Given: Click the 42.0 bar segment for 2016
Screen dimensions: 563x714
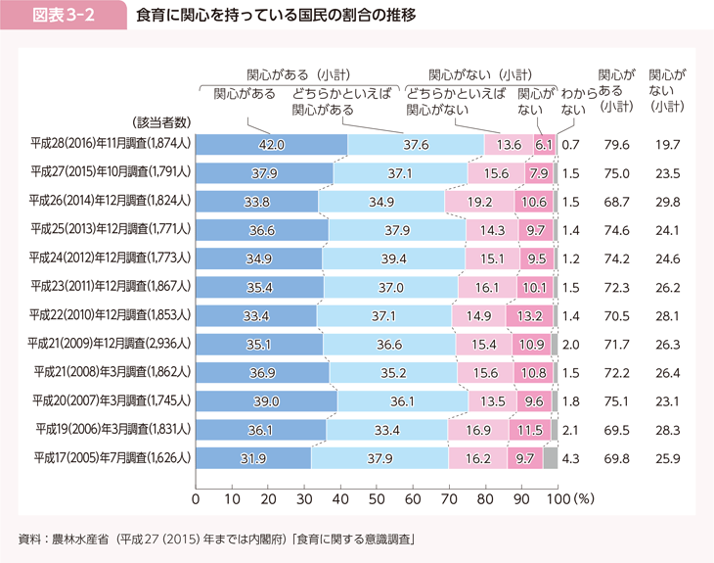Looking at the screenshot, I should [272, 145].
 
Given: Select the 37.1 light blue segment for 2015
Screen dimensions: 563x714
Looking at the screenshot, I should [400, 174].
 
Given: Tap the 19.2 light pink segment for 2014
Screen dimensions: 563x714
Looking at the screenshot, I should [479, 203].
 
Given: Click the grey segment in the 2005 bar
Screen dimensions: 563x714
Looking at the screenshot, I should [550, 457].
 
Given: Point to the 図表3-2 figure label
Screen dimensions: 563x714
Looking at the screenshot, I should [63, 17].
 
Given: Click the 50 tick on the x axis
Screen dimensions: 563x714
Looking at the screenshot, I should [377, 498].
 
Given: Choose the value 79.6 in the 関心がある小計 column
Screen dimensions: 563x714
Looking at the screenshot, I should [616, 145].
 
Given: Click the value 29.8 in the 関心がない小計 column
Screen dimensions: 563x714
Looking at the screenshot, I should [667, 203].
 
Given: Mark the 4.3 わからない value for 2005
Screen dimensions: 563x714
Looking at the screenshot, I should [572, 457].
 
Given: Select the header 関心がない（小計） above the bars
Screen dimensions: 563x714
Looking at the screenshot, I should [480, 73].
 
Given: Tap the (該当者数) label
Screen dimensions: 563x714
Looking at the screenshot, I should [158, 120].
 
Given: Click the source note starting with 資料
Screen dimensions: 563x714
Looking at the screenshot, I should [219, 538].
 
